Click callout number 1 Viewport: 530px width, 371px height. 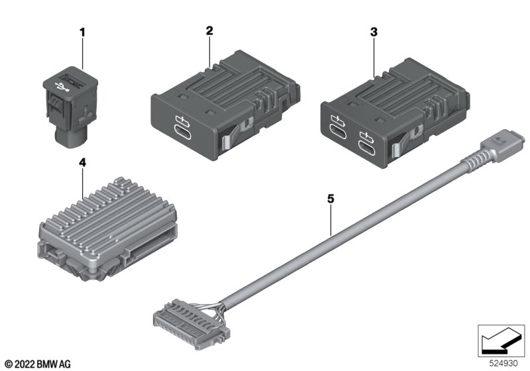(x=82, y=32)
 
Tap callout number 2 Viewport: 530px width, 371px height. (x=209, y=30)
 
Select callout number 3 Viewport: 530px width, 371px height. (x=374, y=32)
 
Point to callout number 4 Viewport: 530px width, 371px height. (x=82, y=163)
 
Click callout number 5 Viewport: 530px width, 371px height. (x=331, y=199)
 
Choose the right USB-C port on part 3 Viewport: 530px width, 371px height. (x=367, y=148)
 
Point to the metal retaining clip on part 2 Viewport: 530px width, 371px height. (x=236, y=134)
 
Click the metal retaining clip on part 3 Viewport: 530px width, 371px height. (x=405, y=140)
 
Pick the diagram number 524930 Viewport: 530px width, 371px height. (x=503, y=364)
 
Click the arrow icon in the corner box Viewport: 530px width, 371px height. (x=501, y=341)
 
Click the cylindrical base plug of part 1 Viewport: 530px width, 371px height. (x=70, y=138)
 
